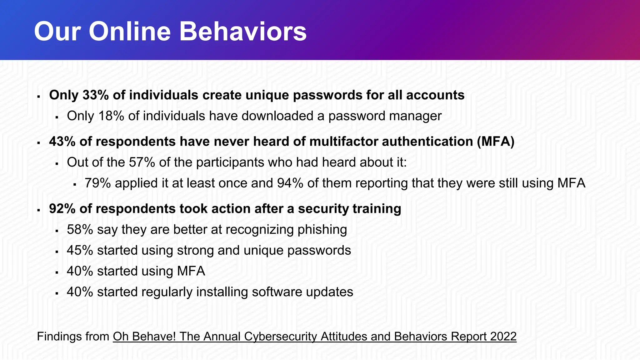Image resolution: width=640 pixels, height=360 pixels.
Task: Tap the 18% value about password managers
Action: pyautogui.click(x=111, y=116)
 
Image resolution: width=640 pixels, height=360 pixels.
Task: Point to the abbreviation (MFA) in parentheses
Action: pyautogui.click(x=496, y=142)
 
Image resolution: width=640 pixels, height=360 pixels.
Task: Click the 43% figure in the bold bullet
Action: pyautogui.click(x=62, y=142)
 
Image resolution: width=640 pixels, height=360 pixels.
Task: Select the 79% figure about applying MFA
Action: pyautogui.click(x=97, y=183)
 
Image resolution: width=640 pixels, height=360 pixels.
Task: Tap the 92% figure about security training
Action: pyautogui.click(x=62, y=209)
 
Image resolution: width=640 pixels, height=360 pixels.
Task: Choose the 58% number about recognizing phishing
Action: pyautogui.click(x=80, y=230)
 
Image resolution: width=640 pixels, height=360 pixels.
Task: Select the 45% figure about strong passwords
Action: pyautogui.click(x=80, y=250)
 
